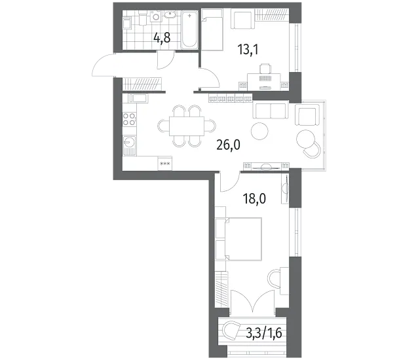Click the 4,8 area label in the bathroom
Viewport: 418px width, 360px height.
(x=162, y=39)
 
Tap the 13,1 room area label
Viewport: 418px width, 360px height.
(x=248, y=50)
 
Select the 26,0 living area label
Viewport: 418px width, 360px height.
(x=229, y=145)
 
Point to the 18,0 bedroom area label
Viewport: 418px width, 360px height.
(x=254, y=198)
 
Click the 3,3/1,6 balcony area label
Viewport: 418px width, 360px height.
(x=263, y=333)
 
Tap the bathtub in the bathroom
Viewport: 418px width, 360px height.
(x=189, y=30)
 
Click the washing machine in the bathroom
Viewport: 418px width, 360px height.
(x=156, y=16)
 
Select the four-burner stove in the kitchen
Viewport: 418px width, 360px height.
(x=129, y=119)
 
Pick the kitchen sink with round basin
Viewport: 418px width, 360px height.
(x=129, y=145)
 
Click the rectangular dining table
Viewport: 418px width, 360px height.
(x=187, y=126)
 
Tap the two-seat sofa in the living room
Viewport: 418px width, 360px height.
(x=271, y=110)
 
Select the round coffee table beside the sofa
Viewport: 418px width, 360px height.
(x=259, y=131)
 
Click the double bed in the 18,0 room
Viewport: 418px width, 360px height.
(x=238, y=239)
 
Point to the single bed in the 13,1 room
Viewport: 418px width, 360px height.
(x=212, y=29)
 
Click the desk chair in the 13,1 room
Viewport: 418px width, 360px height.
(x=265, y=69)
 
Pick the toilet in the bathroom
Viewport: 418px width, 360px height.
(x=143, y=18)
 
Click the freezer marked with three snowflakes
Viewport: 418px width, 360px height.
(x=165, y=163)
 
